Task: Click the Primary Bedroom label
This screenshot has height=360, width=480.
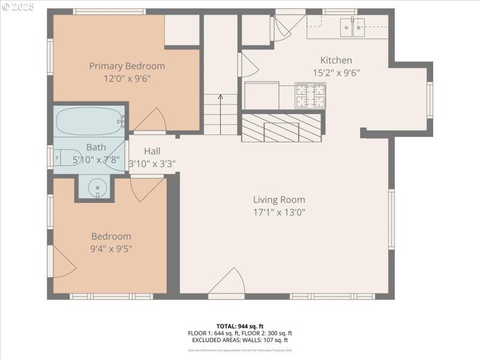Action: tap(127, 66)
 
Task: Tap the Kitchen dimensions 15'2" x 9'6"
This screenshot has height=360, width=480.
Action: tap(336, 73)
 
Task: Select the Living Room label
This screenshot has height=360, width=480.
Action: tap(278, 200)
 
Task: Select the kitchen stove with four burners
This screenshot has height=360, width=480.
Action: tap(310, 95)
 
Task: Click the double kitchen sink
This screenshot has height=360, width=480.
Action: tap(352, 26)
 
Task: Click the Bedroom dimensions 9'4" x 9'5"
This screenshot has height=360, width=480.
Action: tap(111, 248)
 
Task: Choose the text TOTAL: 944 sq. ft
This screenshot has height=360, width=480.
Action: tap(240, 326)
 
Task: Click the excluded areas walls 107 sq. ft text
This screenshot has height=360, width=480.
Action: tap(240, 340)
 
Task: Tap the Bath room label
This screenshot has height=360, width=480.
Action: tap(96, 147)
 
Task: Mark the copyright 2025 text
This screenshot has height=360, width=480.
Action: tap(18, 7)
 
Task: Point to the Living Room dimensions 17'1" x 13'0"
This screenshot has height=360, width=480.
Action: tap(278, 212)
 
